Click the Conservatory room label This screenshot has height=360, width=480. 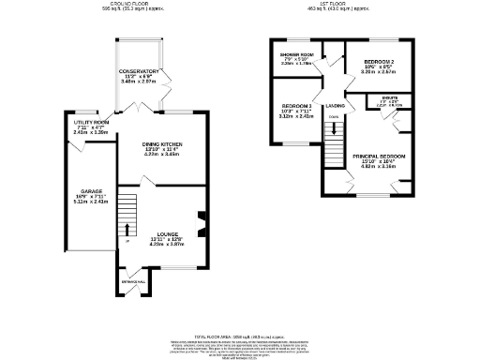[140, 71]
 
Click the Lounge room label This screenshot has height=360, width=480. [167, 233]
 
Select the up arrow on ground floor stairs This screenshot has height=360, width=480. [127, 229]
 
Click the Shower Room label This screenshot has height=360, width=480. [297, 56]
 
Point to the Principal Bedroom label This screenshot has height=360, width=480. [379, 157]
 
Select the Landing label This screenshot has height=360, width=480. [335, 106]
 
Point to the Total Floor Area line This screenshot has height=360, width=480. [239, 335]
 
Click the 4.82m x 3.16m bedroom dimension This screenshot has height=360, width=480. [379, 168]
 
